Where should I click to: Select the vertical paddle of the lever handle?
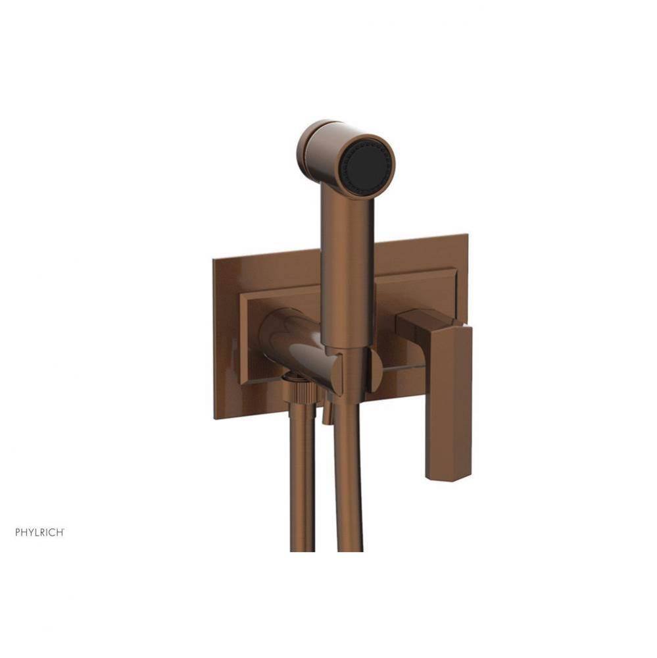tap(449, 401)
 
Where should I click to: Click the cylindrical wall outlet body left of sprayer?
tap(289, 342)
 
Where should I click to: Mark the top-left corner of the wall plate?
tap(214, 260)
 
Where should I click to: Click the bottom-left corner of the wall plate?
tap(214, 418)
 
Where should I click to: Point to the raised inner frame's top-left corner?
tap(241, 293)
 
